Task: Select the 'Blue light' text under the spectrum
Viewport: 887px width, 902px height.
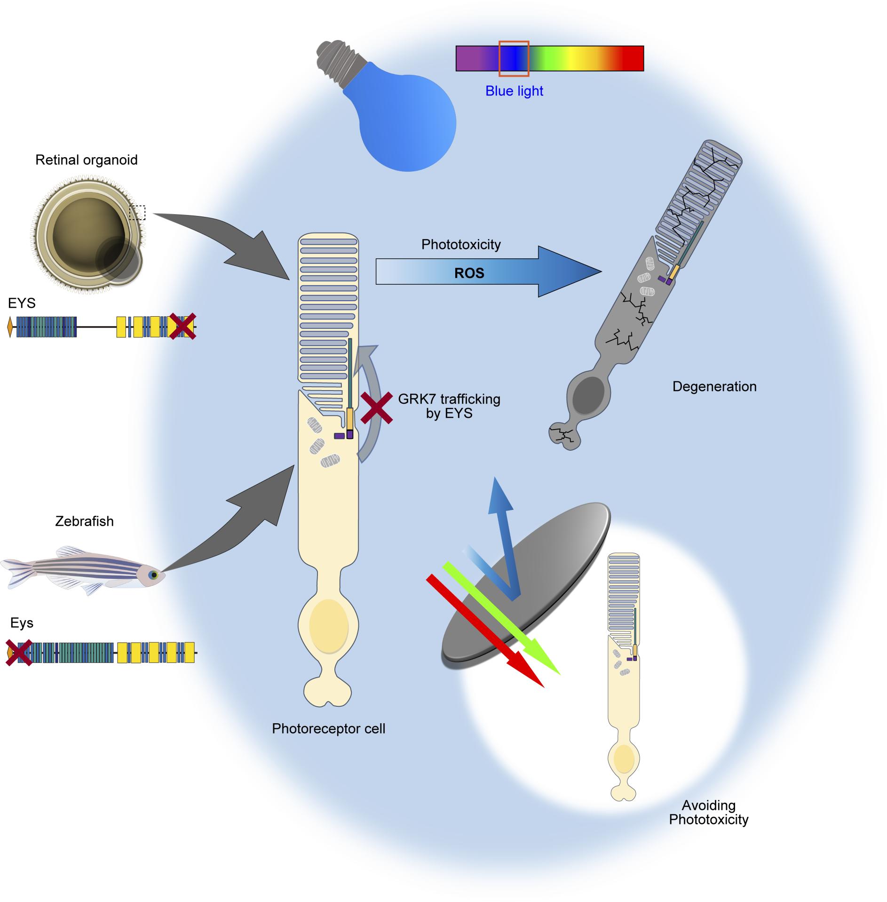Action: pos(514,91)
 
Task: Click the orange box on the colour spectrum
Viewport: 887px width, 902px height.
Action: pos(514,58)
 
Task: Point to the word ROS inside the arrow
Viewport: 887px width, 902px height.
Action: pos(469,273)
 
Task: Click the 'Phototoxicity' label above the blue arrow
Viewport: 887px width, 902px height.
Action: pos(461,244)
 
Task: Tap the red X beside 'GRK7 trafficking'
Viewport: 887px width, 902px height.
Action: pos(377,408)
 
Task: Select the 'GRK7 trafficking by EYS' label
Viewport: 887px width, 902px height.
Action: pos(449,406)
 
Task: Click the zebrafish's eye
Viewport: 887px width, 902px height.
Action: pos(153,575)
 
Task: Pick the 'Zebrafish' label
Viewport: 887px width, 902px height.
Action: pos(84,521)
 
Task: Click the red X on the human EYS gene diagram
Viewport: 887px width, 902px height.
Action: pos(182,326)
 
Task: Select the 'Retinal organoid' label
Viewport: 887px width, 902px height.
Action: pos(87,160)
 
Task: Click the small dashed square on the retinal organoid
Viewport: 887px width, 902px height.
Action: pos(137,213)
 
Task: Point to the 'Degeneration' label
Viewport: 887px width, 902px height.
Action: pos(714,386)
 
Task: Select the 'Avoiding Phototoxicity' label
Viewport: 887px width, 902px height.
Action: pos(708,812)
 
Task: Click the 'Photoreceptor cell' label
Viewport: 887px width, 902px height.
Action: pos(328,728)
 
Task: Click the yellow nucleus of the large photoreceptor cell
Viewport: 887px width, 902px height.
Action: pos(329,626)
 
